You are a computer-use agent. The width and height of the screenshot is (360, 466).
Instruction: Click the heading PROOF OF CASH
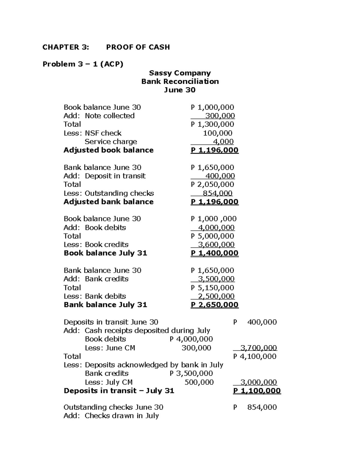[138, 47]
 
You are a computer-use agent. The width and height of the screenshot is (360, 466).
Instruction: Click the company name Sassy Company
[180, 73]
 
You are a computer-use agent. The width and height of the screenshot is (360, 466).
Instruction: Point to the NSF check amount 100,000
[217, 133]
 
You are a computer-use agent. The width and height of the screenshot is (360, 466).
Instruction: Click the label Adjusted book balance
[108, 150]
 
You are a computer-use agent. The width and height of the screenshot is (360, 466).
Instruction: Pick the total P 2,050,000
[212, 185]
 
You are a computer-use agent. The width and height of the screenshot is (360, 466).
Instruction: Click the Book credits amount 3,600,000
[216, 245]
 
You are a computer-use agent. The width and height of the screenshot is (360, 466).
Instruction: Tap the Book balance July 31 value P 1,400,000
[214, 253]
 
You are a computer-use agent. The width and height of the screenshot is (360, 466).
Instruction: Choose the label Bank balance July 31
[105, 305]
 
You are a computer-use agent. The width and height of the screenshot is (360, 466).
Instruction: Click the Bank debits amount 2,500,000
[216, 296]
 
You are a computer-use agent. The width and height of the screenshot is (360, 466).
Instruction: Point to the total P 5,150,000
[212, 288]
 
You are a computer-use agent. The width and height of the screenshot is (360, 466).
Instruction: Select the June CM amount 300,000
[196, 348]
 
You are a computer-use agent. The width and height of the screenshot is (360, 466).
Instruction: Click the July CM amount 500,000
[199, 382]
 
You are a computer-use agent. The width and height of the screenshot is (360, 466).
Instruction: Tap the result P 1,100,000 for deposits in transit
[257, 391]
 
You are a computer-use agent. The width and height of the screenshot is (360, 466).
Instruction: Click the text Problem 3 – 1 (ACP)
[83, 64]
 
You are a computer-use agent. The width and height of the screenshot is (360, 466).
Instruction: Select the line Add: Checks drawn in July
[111, 416]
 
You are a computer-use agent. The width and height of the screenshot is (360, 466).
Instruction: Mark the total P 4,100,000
[255, 356]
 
